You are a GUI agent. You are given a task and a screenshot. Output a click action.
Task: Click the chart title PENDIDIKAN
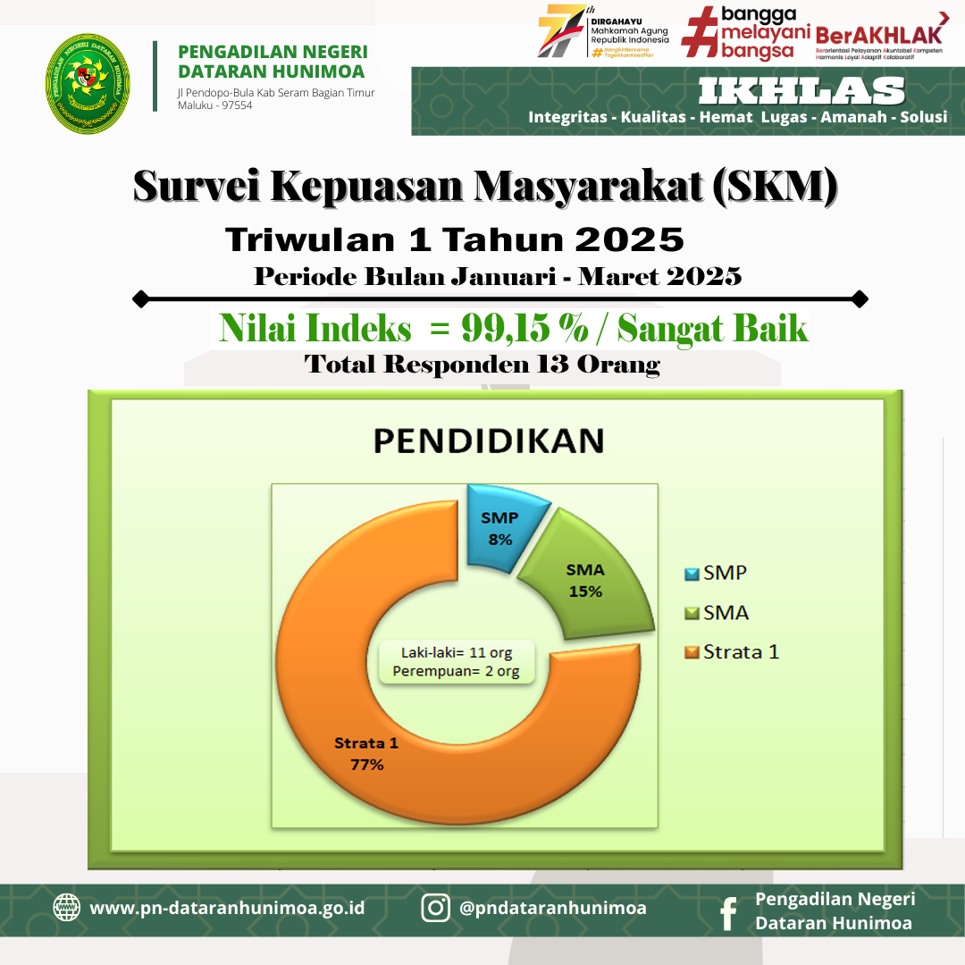(488, 441)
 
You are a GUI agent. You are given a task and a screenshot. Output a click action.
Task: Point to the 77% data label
(366, 765)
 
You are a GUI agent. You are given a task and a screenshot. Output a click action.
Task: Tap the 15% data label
(586, 592)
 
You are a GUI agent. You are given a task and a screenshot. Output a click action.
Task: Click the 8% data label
(499, 540)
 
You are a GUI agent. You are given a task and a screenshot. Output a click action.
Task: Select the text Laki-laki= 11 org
(456, 653)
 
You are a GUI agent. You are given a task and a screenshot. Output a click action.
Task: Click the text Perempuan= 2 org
(456, 672)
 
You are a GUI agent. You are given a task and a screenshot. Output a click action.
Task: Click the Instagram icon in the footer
(435, 908)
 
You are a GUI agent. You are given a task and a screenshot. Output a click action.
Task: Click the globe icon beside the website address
(66, 908)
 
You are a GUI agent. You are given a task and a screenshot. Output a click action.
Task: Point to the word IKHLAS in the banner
(801, 91)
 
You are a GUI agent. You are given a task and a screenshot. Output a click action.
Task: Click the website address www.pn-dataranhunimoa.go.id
(227, 908)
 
